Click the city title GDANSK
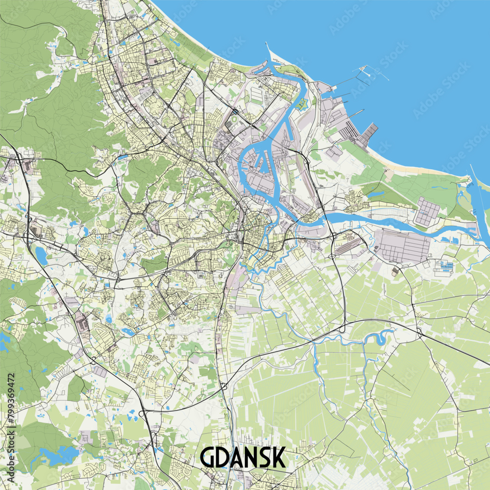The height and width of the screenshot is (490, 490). coord(243,457)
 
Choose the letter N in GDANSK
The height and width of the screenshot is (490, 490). coord(250,458)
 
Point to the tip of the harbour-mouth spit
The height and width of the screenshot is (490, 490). coord(267,45)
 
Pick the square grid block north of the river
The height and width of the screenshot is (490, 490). coord(428,211)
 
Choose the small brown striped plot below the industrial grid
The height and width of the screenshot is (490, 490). coord(395,270)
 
